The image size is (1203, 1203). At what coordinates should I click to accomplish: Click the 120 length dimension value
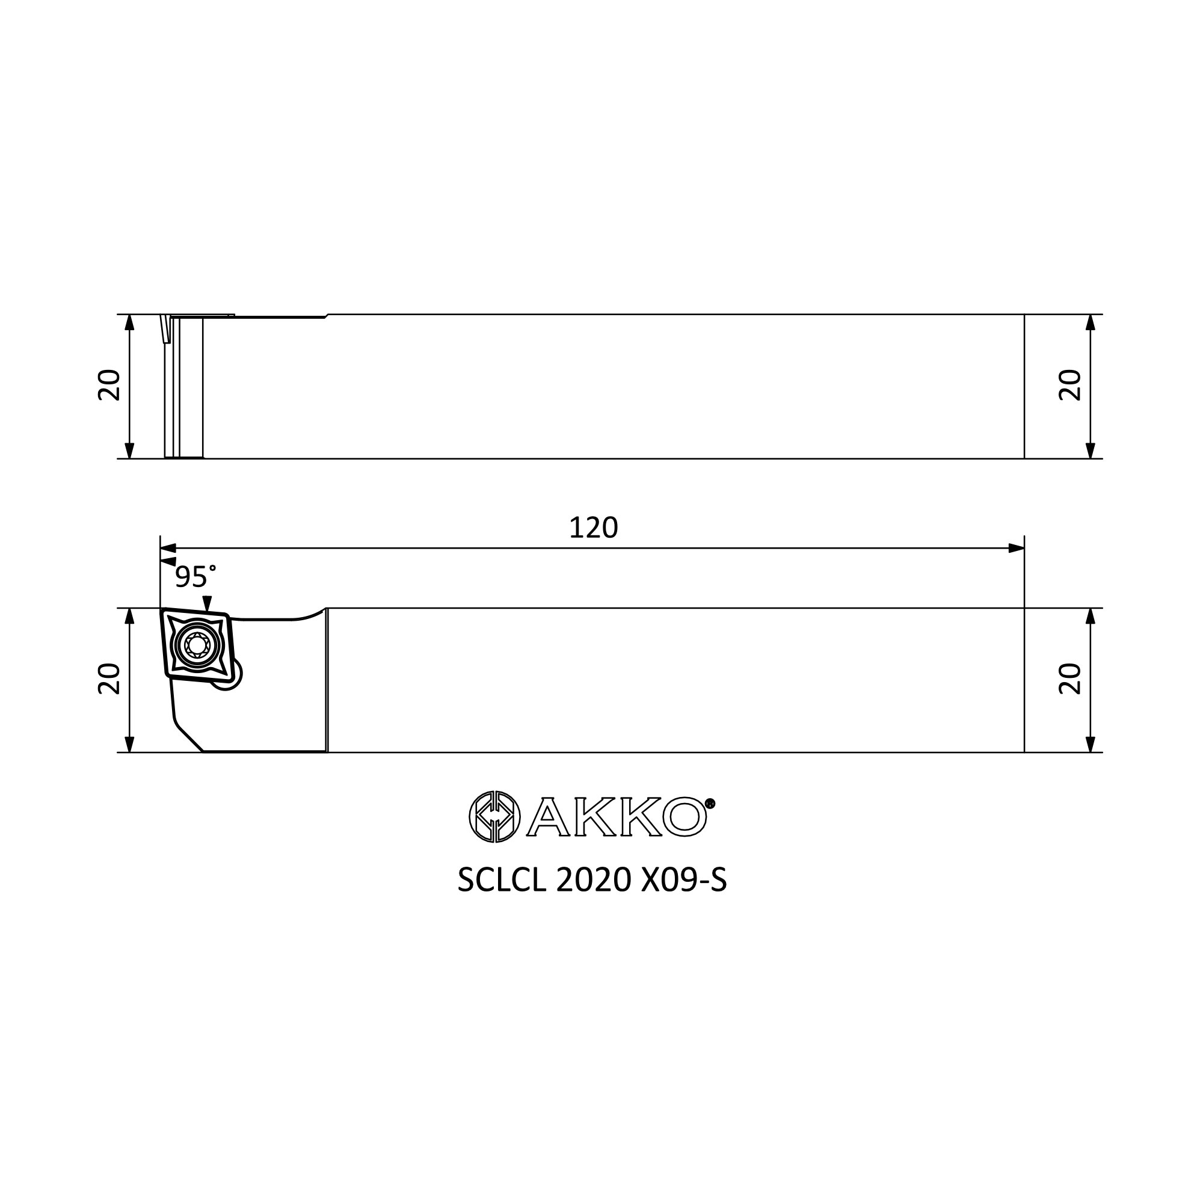(593, 528)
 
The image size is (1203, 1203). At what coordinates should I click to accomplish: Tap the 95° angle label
(195, 577)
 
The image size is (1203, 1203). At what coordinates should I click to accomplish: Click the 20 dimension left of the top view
(109, 386)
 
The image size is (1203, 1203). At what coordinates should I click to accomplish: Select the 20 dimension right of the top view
(1069, 386)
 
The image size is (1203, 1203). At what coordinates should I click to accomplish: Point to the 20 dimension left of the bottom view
(109, 679)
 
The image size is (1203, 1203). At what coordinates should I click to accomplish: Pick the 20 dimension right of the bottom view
(1069, 679)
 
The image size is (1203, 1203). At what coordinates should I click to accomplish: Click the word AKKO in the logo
(617, 817)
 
